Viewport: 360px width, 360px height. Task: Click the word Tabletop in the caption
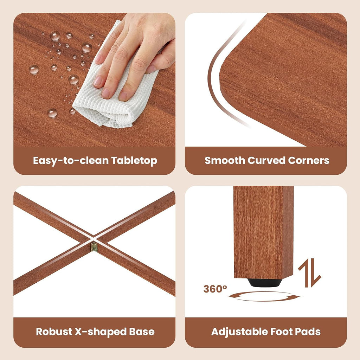(134, 161)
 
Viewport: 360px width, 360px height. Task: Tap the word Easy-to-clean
(71, 161)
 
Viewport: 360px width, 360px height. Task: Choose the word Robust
(54, 332)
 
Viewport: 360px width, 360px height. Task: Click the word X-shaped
(101, 332)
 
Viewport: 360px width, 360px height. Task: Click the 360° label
(215, 289)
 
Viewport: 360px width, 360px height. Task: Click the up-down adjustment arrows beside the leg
(309, 273)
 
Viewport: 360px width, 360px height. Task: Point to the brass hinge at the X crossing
(94, 247)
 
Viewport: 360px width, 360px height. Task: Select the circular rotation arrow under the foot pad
(264, 296)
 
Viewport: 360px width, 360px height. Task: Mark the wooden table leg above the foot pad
(264, 232)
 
